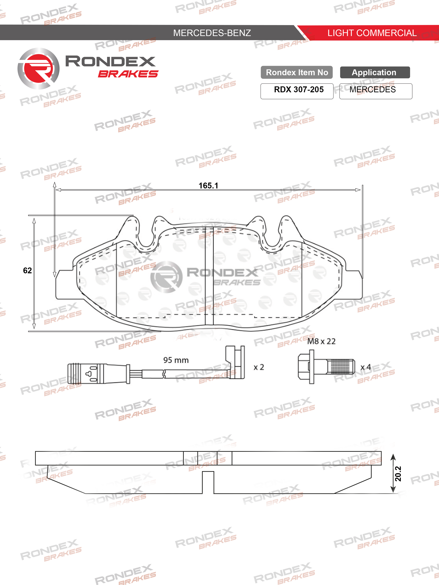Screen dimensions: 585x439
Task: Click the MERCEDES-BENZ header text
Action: click(212, 33)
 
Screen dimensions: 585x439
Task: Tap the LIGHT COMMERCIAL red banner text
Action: click(372, 33)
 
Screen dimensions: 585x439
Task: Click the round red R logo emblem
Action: click(39, 68)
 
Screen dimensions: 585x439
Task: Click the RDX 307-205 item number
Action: click(299, 90)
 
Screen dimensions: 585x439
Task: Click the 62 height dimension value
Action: click(27, 270)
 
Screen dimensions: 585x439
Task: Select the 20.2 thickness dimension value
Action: click(398, 474)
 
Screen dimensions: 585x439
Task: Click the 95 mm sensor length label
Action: click(176, 360)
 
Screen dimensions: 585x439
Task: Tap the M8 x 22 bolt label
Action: click(321, 341)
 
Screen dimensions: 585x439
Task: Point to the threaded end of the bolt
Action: click(341, 367)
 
